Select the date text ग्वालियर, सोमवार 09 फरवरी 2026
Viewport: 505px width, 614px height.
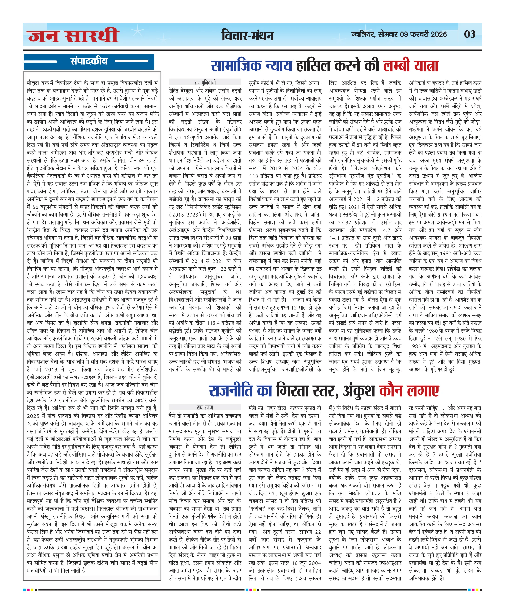tap(399, 34)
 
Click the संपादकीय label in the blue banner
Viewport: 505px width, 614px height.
tap(89, 61)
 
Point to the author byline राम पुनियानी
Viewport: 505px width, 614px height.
tap(205, 82)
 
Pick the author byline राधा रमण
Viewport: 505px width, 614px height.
tap(205, 407)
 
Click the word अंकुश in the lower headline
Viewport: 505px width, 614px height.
tap(359, 391)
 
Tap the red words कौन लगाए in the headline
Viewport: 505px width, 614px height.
tap(409, 391)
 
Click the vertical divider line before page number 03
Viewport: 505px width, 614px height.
tap(458, 34)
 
